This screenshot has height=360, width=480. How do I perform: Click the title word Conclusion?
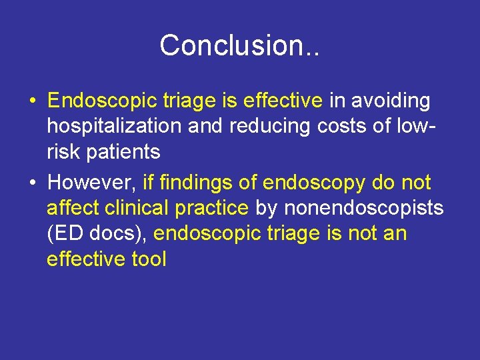pos(234,45)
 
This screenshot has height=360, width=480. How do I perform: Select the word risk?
pos(63,152)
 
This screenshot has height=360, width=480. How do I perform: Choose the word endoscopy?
pos(318,183)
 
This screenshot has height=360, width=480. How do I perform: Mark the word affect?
pos(73,208)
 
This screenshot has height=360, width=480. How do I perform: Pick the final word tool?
pos(147,259)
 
